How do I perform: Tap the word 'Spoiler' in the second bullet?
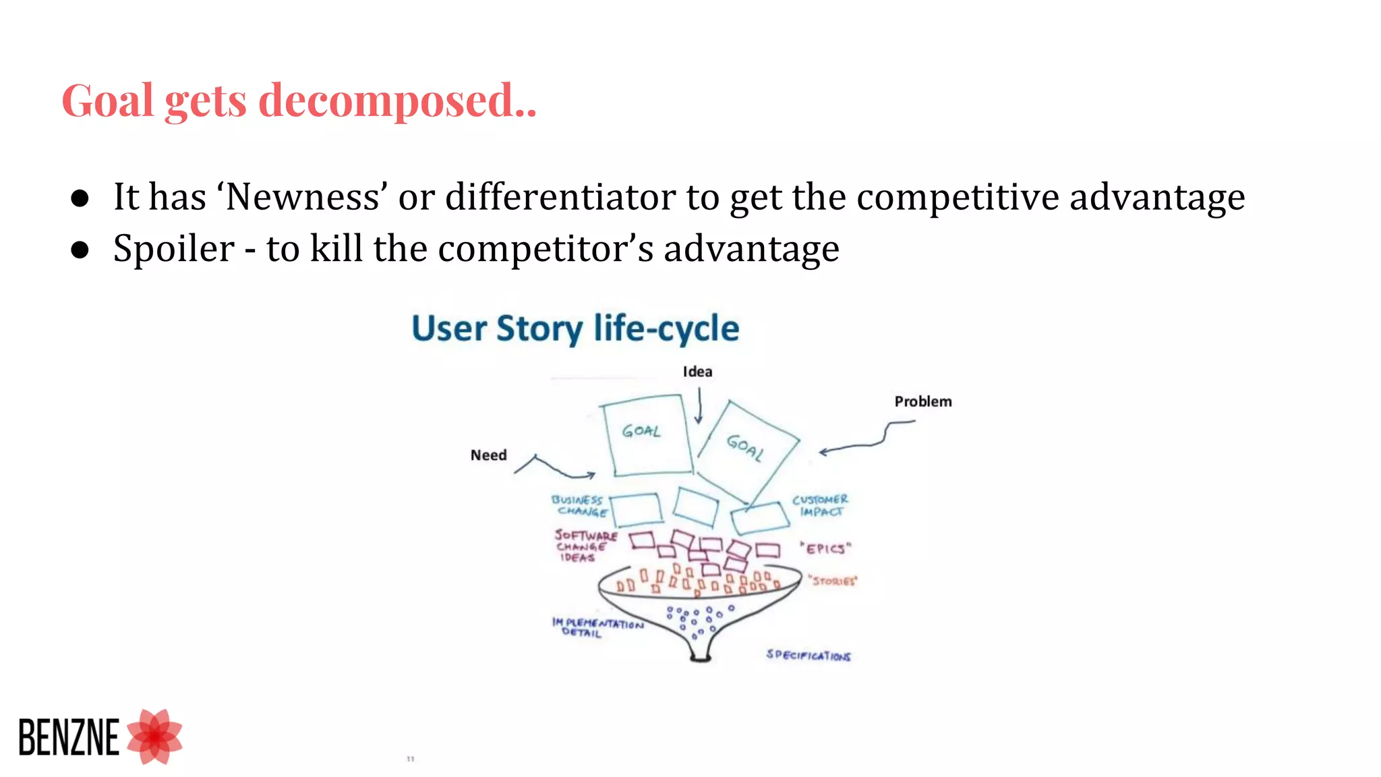[x=173, y=249]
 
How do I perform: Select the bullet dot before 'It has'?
[x=80, y=198]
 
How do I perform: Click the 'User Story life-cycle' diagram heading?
[x=575, y=329]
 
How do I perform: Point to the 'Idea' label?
[x=697, y=372]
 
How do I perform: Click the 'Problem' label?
[x=922, y=401]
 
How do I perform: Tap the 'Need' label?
[x=488, y=455]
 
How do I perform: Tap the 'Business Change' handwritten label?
[x=578, y=506]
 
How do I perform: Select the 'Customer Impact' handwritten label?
[x=820, y=506]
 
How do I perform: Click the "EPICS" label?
[x=825, y=548]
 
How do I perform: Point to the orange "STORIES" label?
[x=833, y=581]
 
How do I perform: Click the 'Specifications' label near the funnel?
[x=808, y=655]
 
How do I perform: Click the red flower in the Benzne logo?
[x=155, y=737]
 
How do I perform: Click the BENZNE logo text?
[x=69, y=737]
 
